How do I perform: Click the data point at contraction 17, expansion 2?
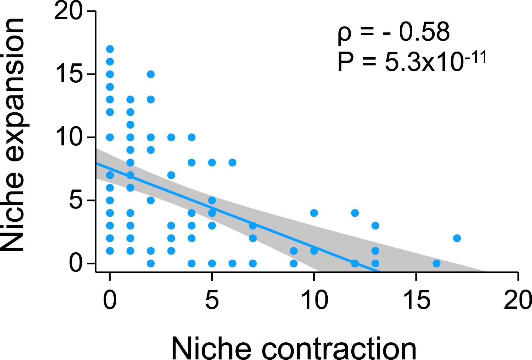[457, 238]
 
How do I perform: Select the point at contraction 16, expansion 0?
[436, 263]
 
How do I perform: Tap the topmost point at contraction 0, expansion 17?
[110, 49]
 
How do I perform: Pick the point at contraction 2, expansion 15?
[151, 74]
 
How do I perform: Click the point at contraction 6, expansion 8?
[232, 162]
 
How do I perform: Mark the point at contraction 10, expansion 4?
[314, 213]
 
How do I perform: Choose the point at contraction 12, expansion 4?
[355, 213]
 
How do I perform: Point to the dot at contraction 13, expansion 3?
[375, 225]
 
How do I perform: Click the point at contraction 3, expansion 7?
[171, 175]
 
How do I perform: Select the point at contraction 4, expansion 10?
[192, 137]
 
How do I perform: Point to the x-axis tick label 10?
[315, 300]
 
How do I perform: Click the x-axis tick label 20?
[517, 300]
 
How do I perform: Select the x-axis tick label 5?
[212, 300]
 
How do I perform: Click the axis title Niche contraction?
[294, 348]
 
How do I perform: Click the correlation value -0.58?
[416, 32]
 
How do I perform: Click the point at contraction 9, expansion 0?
[293, 263]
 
